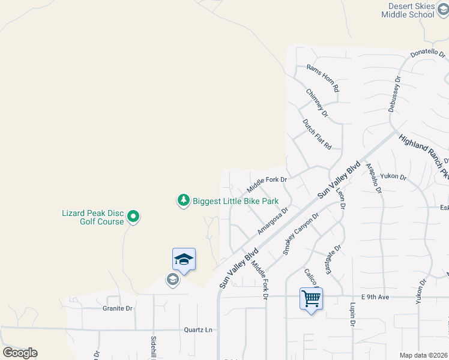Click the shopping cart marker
pyautogui.click(x=312, y=298)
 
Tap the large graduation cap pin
pyautogui.click(x=184, y=259)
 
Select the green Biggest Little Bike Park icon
pyautogui.click(x=183, y=201)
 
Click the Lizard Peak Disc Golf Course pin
pyautogui.click(x=134, y=217)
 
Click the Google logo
pyautogui.click(x=20, y=353)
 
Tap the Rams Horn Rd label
pyautogui.click(x=322, y=78)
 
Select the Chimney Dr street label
pyautogui.click(x=317, y=103)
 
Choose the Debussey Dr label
pyautogui.click(x=393, y=94)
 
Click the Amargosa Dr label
pyautogui.click(x=273, y=221)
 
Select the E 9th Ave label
pyautogui.click(x=376, y=297)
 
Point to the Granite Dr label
pyautogui.click(x=116, y=308)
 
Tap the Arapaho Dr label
pyautogui.click(x=373, y=177)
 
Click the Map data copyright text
pyautogui.click(x=423, y=355)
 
